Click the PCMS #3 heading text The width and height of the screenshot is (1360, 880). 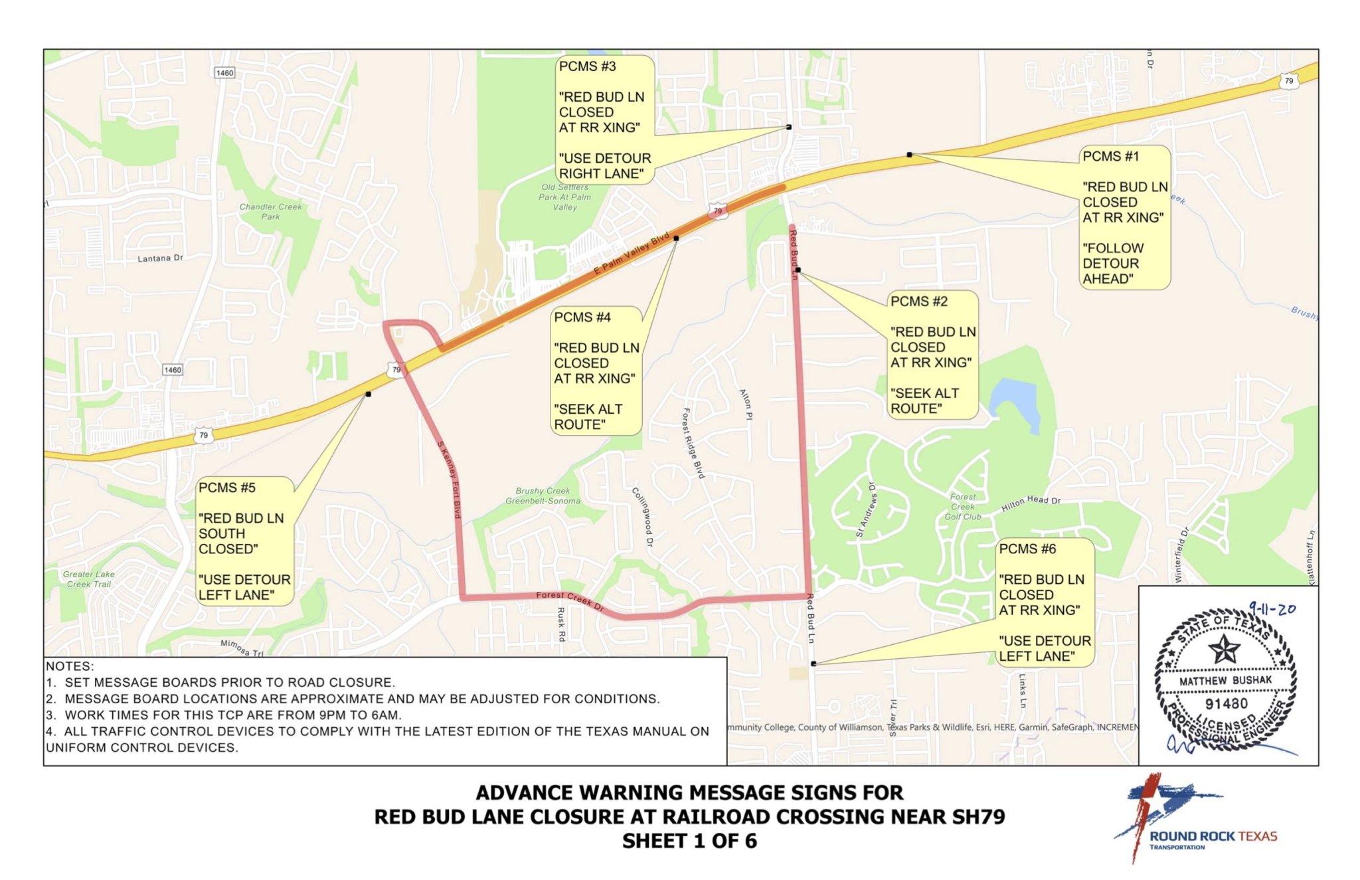587,66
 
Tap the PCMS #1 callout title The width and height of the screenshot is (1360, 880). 1110,157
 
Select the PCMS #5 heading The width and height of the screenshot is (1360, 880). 226,487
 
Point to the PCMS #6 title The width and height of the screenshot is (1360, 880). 1027,549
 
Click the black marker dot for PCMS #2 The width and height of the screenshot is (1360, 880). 798,270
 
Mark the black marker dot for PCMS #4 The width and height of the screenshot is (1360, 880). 676,238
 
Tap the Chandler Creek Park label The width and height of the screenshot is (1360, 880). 270,211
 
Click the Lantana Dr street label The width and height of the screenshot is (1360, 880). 160,258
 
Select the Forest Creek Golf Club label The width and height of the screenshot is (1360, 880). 962,506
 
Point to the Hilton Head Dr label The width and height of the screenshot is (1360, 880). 1031,503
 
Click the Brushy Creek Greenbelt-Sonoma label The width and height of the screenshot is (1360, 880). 543,496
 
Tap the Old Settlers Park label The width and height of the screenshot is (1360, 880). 564,197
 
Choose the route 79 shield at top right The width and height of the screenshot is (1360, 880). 1288,81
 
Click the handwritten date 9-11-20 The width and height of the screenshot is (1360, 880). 1272,608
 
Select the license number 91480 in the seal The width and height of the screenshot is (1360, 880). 1226,703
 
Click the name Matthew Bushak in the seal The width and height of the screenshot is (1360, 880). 1225,680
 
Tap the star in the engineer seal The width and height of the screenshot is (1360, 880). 1224,648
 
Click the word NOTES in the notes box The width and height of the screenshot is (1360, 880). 70,666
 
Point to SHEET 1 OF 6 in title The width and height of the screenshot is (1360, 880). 689,841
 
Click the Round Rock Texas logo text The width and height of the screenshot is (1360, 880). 1213,837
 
